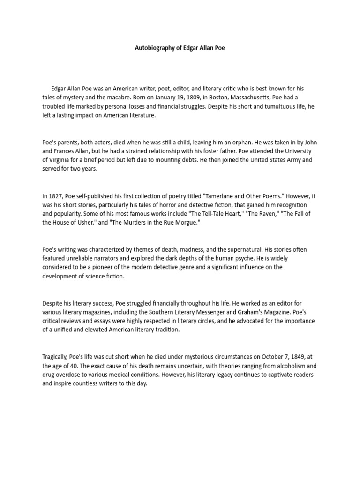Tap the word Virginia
point(61,160)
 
